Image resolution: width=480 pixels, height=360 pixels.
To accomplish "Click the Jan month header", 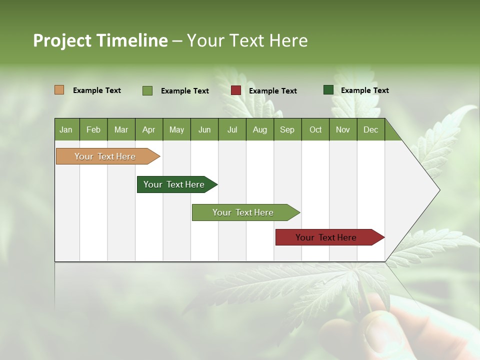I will pyautogui.click(x=66, y=129).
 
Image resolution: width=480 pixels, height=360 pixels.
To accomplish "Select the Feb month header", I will pyautogui.click(x=93, y=129).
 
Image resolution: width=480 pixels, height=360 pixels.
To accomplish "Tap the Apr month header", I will pyautogui.click(x=148, y=129).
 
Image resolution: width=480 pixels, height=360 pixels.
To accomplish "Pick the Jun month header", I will pyautogui.click(x=204, y=129).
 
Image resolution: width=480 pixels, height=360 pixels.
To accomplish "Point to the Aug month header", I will pyautogui.click(x=259, y=129).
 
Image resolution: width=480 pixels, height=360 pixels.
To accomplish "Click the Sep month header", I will pyautogui.click(x=287, y=129).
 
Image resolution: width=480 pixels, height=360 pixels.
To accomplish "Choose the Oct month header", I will pyautogui.click(x=315, y=129).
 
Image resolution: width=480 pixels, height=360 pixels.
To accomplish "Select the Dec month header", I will pyautogui.click(x=370, y=129).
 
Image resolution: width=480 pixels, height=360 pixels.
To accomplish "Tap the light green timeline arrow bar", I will pyautogui.click(x=243, y=212).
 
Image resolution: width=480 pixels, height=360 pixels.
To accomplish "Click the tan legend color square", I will pyautogui.click(x=59, y=90).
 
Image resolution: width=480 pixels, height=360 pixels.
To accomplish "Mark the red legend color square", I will pyautogui.click(x=236, y=90).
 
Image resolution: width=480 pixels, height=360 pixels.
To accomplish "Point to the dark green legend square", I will pyautogui.click(x=328, y=90).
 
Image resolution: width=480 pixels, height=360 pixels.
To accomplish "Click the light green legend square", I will pyautogui.click(x=147, y=90).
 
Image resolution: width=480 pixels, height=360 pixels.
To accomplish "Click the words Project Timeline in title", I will pyautogui.click(x=100, y=40).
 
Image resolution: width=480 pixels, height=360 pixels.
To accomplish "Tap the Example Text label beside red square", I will pyautogui.click(x=272, y=91).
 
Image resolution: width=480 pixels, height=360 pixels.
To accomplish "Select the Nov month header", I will pyautogui.click(x=342, y=129).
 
